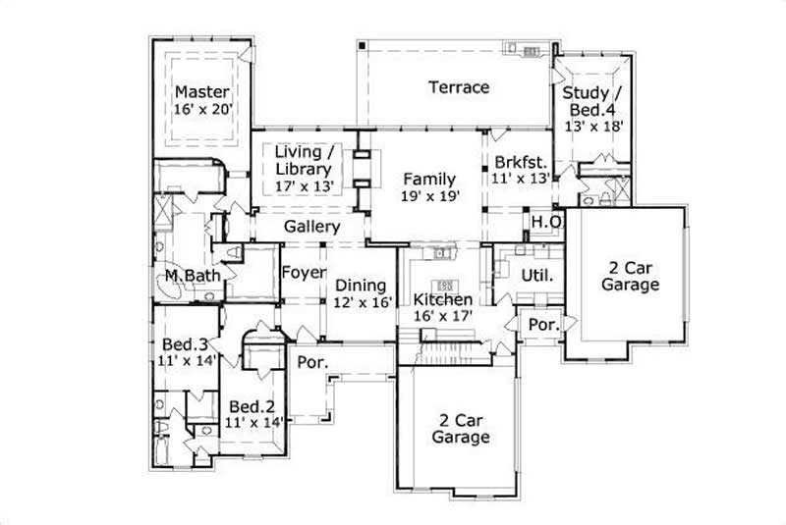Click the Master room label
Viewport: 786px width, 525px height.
pyautogui.click(x=202, y=92)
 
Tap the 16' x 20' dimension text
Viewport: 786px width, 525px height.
pyautogui.click(x=202, y=110)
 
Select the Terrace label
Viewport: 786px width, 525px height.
pyautogui.click(x=458, y=87)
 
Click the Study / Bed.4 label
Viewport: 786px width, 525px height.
pyautogui.click(x=592, y=101)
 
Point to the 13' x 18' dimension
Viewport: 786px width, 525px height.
pyautogui.click(x=592, y=126)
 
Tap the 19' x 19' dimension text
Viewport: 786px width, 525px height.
pyautogui.click(x=430, y=195)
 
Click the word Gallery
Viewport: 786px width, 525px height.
pyautogui.click(x=311, y=228)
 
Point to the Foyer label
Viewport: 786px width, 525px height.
pyautogui.click(x=304, y=273)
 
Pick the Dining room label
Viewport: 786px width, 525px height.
pyautogui.click(x=362, y=285)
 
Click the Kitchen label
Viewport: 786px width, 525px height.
pyautogui.click(x=442, y=299)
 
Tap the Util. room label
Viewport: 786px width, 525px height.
pyautogui.click(x=537, y=276)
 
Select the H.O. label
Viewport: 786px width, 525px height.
pyautogui.click(x=547, y=223)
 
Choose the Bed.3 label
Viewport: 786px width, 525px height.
pyautogui.click(x=185, y=344)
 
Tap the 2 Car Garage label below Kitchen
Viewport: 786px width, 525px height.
pyautogui.click(x=461, y=428)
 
